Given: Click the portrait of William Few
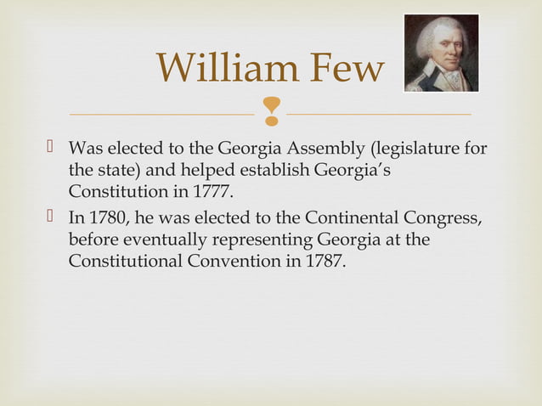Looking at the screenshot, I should pyautogui.click(x=441, y=53).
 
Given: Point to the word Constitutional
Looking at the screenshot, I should pyautogui.click(x=125, y=260).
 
